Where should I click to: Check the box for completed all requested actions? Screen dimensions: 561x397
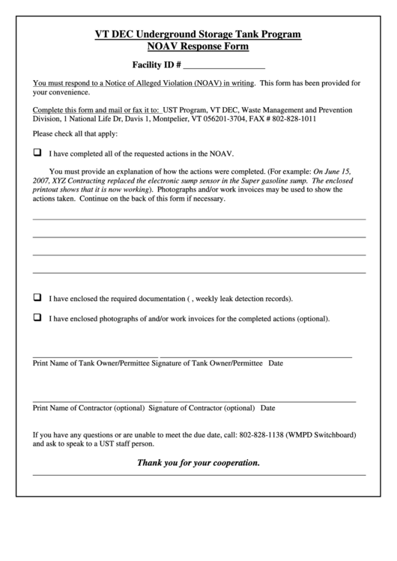37,152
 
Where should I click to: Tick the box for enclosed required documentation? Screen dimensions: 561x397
37,297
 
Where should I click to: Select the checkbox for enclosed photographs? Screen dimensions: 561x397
37,318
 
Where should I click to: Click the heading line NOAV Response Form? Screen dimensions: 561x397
198,46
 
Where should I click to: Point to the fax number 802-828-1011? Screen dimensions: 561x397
294,118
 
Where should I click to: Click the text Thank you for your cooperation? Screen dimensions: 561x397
198,463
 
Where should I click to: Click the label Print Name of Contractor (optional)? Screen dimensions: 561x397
89,408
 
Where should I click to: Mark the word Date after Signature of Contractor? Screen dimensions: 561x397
267,408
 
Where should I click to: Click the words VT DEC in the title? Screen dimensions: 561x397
112,34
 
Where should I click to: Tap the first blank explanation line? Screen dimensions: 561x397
199,218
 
